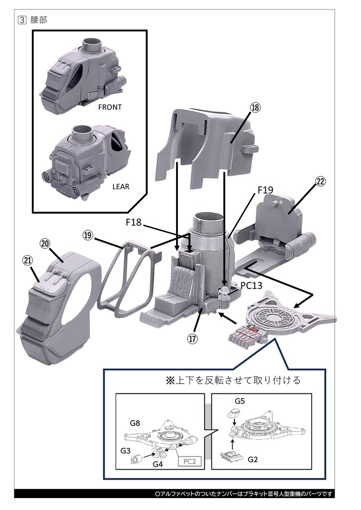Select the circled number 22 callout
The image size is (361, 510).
[320, 181]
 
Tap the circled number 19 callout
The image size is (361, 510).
[88, 235]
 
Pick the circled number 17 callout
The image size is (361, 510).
[192, 339]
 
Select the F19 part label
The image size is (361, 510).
[265, 190]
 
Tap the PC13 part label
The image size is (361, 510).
[252, 286]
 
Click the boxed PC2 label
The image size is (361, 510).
[189, 461]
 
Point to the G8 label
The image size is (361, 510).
[135, 423]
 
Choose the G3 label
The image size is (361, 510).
[126, 450]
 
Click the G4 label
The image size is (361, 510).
[158, 464]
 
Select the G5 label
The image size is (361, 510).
[240, 400]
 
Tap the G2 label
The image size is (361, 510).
[253, 459]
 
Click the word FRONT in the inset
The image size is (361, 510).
[110, 107]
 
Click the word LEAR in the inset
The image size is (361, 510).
[121, 187]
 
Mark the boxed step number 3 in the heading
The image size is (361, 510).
[21, 20]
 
